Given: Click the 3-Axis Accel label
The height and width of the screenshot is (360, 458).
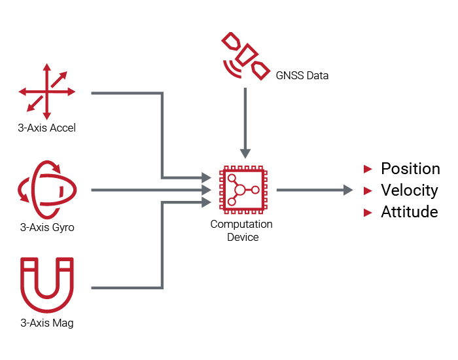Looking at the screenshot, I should point(47,128).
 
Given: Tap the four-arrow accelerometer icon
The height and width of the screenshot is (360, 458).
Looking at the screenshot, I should point(46,92).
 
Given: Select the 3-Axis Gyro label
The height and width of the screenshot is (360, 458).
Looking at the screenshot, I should point(47,228).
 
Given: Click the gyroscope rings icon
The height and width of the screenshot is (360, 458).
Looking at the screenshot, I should point(46,190).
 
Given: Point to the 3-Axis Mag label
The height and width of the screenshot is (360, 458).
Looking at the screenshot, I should point(47,323).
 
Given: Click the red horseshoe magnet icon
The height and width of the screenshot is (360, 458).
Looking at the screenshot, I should point(46,285).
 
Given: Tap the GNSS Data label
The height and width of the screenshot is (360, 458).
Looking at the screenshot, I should point(302,76).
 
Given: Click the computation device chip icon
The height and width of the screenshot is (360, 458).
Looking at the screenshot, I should point(241,190).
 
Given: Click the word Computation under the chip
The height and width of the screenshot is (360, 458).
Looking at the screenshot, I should point(241,225).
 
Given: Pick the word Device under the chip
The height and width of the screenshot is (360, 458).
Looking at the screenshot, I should point(243,237).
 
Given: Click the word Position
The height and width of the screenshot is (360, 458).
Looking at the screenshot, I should point(410,169).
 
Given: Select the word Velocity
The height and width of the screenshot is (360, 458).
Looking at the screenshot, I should point(410,190).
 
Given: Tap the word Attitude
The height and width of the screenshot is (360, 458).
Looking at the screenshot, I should point(410,212).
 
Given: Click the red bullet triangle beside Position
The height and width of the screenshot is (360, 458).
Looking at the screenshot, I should point(368,170).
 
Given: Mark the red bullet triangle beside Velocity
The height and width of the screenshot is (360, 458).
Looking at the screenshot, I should point(368,191).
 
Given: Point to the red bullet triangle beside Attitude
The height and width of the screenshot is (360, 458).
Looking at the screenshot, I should point(368,213).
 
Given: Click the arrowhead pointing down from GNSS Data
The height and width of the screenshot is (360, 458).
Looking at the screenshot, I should point(245,154).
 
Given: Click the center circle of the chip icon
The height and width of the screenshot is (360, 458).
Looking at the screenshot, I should point(239,190).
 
